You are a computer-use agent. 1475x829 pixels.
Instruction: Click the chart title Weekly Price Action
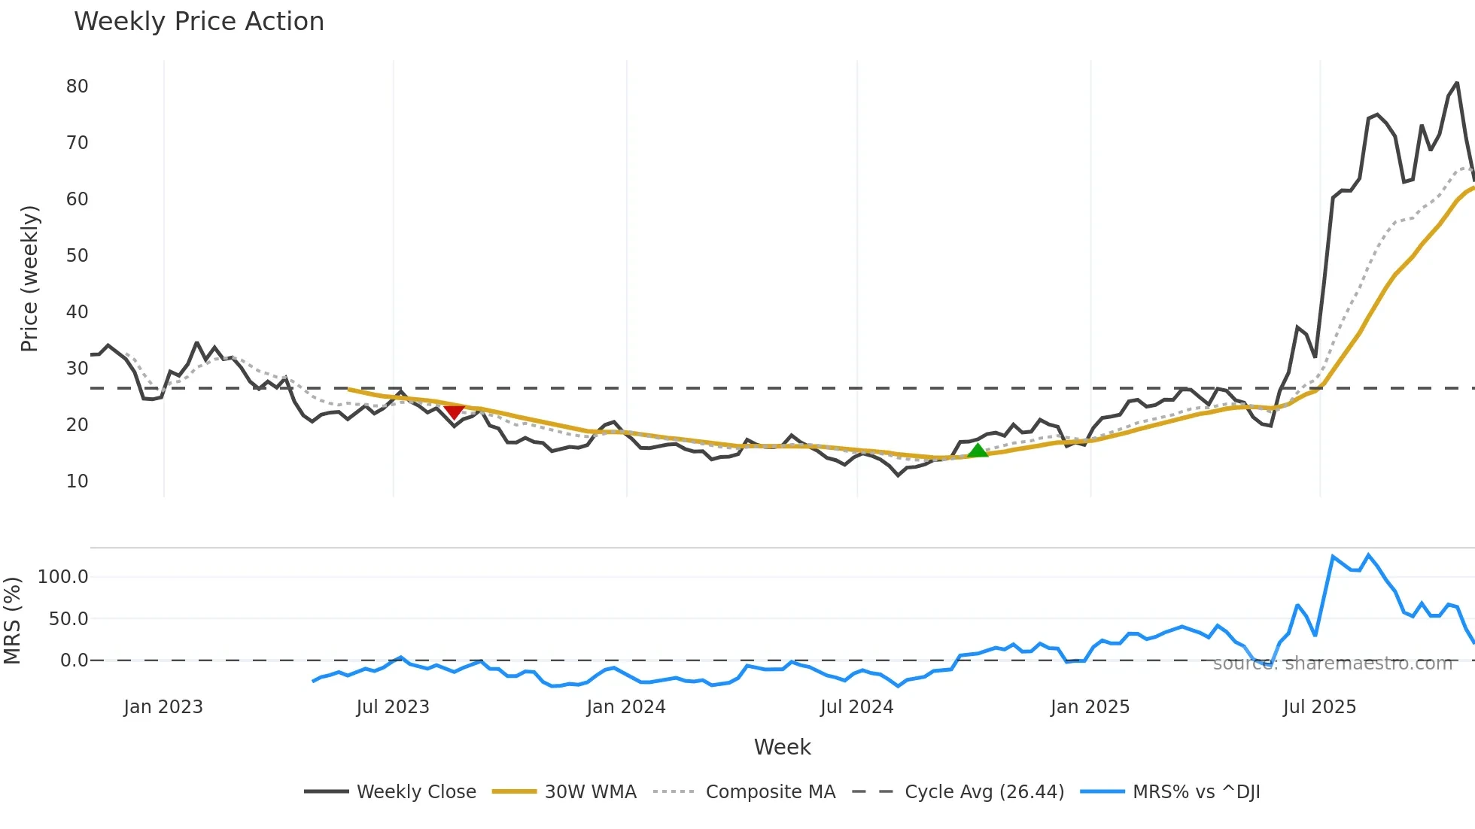coord(199,22)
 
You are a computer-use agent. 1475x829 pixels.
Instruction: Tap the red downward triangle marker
coord(454,411)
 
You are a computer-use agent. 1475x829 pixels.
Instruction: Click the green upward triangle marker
coord(977,451)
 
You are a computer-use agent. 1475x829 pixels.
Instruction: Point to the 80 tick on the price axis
coord(78,87)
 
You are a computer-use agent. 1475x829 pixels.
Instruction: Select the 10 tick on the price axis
coord(78,481)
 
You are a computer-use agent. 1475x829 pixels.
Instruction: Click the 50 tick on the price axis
coord(78,256)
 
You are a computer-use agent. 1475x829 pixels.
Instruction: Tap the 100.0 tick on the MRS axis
coord(63,577)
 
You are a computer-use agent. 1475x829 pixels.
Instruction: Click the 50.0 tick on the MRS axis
coord(68,619)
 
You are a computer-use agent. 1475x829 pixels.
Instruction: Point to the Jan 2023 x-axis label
coord(163,707)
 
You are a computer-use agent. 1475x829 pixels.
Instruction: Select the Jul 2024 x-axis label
coord(856,707)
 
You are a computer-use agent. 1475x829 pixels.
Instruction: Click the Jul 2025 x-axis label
coord(1319,707)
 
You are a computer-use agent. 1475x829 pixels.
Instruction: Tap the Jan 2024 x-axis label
coord(626,707)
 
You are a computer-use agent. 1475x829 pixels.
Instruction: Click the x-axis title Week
coord(782,747)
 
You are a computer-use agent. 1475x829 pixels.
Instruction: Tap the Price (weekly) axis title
coord(29,278)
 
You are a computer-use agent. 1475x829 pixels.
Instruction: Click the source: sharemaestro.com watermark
coord(1332,664)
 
